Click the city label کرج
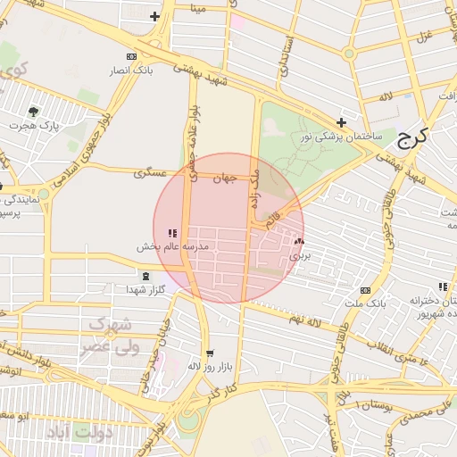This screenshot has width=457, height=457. [x=411, y=137]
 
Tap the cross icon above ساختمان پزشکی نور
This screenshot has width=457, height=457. [x=341, y=122]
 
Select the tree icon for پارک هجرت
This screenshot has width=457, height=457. [x=34, y=112]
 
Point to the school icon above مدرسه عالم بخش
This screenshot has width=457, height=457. [x=172, y=233]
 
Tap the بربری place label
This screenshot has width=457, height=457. [x=295, y=254]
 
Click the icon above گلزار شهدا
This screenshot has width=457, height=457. [x=146, y=276]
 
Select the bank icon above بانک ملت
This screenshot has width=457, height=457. [x=365, y=290]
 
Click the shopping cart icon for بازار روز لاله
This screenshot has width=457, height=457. [x=210, y=353]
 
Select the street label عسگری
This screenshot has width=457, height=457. [x=150, y=172]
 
